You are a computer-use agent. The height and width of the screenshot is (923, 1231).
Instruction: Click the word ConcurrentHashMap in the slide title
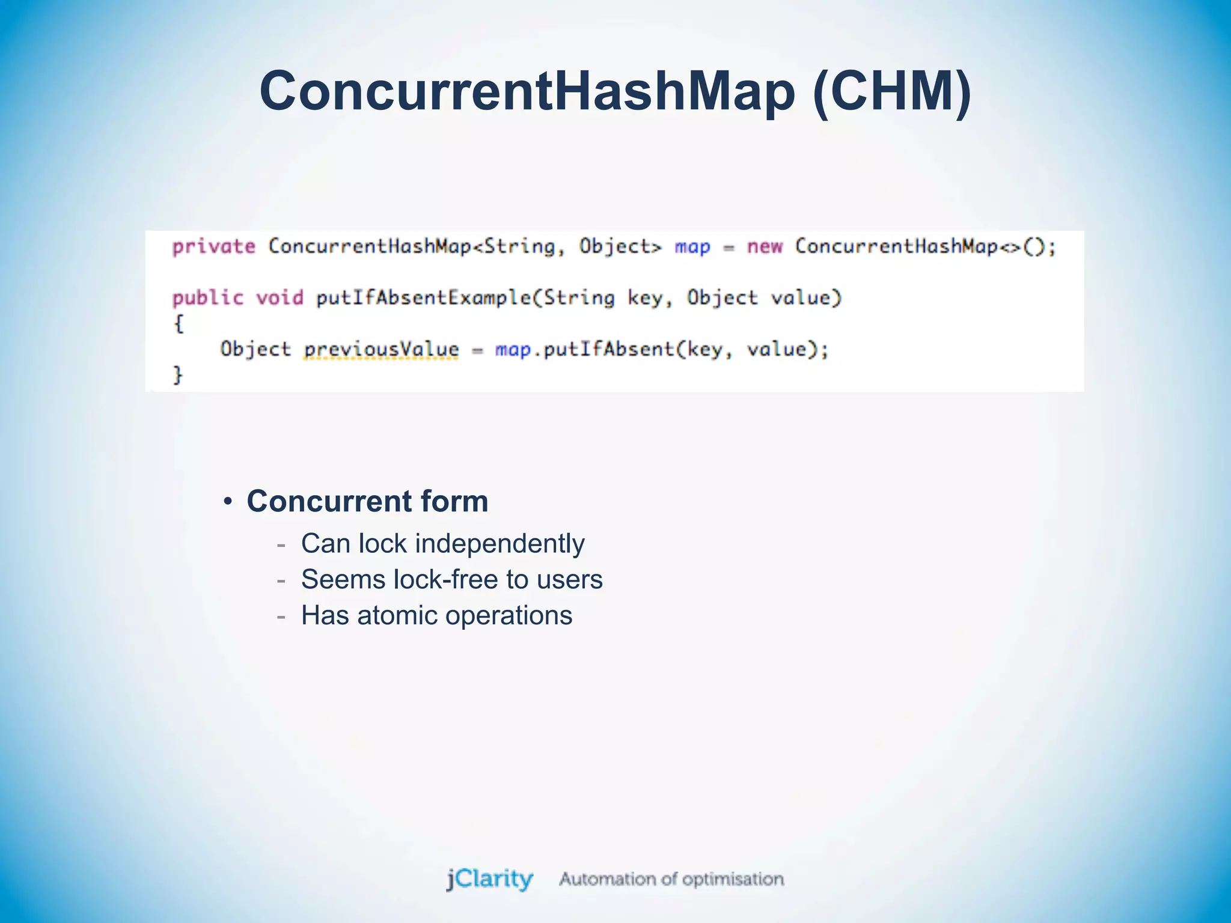point(527,91)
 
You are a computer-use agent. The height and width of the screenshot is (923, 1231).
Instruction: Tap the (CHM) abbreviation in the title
point(891,91)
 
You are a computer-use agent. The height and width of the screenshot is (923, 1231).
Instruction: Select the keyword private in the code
point(213,246)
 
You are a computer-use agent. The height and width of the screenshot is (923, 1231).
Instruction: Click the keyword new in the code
point(765,246)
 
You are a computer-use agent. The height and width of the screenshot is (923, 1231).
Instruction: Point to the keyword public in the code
point(207,298)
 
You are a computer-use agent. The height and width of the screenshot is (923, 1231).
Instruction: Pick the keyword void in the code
point(279,298)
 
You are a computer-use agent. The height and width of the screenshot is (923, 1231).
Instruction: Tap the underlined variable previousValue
point(381,350)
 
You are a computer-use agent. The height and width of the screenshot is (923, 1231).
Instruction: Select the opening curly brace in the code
point(178,324)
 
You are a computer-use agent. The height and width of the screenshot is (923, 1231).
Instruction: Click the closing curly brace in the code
point(178,376)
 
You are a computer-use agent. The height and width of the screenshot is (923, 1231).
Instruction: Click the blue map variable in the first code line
point(692,247)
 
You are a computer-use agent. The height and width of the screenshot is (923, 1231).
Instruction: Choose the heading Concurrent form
point(367,501)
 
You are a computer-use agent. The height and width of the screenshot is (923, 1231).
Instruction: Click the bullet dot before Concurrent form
point(227,502)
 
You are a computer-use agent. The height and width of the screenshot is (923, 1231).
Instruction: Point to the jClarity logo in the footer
point(489,879)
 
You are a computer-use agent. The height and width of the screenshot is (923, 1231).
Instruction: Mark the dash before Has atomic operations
point(281,617)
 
